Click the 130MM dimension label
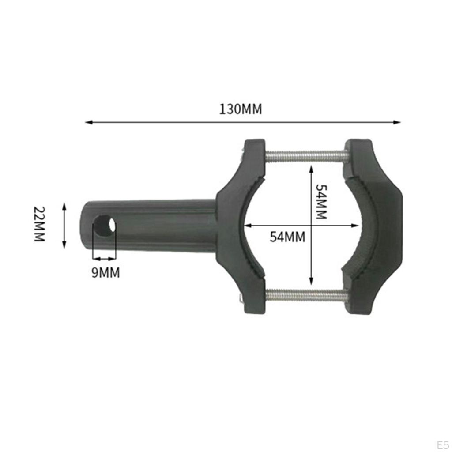pyautogui.click(x=241, y=109)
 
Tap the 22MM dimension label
pyautogui.click(x=40, y=224)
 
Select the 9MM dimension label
pyautogui.click(x=105, y=273)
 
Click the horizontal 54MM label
pyautogui.click(x=287, y=237)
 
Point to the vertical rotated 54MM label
pyautogui.click(x=321, y=202)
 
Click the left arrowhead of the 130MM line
pyautogui.click(x=87, y=122)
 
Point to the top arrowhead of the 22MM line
pyautogui.click(x=64, y=206)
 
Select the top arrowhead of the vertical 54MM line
pyautogui.click(x=312, y=168)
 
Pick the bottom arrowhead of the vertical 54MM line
pyautogui.click(x=312, y=282)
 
